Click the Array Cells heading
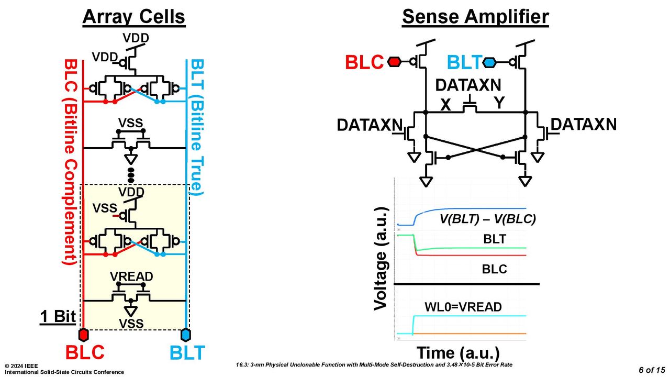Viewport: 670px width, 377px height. click(134, 17)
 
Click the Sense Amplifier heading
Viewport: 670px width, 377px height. click(475, 17)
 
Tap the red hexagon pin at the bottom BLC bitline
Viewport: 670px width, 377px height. click(83, 335)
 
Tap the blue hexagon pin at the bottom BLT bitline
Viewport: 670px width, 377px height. click(186, 335)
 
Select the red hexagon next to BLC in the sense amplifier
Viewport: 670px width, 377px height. click(394, 62)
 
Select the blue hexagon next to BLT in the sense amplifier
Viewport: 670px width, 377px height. click(489, 62)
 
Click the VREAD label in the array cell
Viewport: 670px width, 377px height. click(131, 276)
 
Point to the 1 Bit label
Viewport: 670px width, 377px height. click(58, 316)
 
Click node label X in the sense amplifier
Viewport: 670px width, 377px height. click(445, 105)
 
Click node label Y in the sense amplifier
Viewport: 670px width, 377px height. click(499, 103)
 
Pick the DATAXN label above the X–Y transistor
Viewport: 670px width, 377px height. click(468, 85)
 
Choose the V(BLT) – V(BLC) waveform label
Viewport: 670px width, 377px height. click(487, 219)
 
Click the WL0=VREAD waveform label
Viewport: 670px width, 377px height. click(463, 307)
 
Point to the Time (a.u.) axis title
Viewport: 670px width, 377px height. click(458, 353)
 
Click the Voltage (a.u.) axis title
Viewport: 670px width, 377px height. click(382, 259)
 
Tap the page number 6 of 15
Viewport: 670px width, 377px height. click(652, 370)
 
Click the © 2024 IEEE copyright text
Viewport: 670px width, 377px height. click(21, 366)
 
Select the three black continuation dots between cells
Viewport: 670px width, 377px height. click(131, 175)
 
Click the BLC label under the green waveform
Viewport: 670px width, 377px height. click(494, 269)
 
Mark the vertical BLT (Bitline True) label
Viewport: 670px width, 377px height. click(197, 127)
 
